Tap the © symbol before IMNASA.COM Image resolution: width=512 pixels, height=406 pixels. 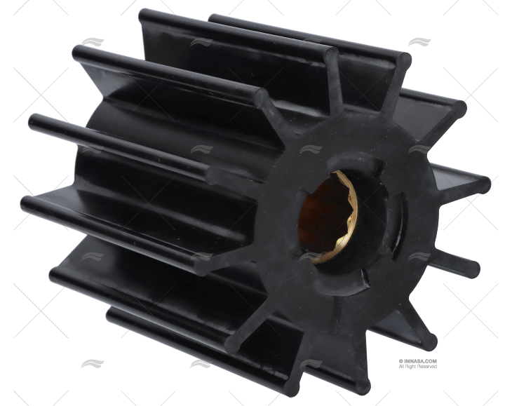point(401,361)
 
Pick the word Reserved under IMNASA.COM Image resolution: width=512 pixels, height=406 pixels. point(428,367)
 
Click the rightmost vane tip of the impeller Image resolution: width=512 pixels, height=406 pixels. point(483,185)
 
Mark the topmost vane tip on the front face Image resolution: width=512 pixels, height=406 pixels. point(403,60)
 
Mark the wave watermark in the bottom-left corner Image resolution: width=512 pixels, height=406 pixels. point(92,364)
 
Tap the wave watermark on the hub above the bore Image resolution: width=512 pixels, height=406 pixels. point(309,149)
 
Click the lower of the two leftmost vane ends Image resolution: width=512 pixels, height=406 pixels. point(28,203)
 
